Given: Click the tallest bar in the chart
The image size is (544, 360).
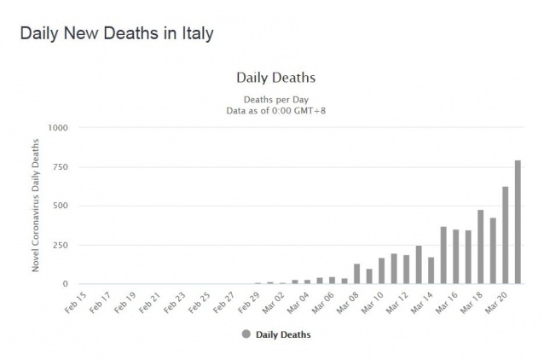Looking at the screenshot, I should (x=518, y=222).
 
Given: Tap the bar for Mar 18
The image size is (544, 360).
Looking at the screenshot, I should (x=481, y=247).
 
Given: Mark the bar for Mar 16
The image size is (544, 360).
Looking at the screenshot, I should (x=456, y=257).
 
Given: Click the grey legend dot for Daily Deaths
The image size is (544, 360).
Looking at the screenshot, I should (x=246, y=334).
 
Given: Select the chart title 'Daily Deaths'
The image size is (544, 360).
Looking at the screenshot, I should (x=275, y=78).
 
